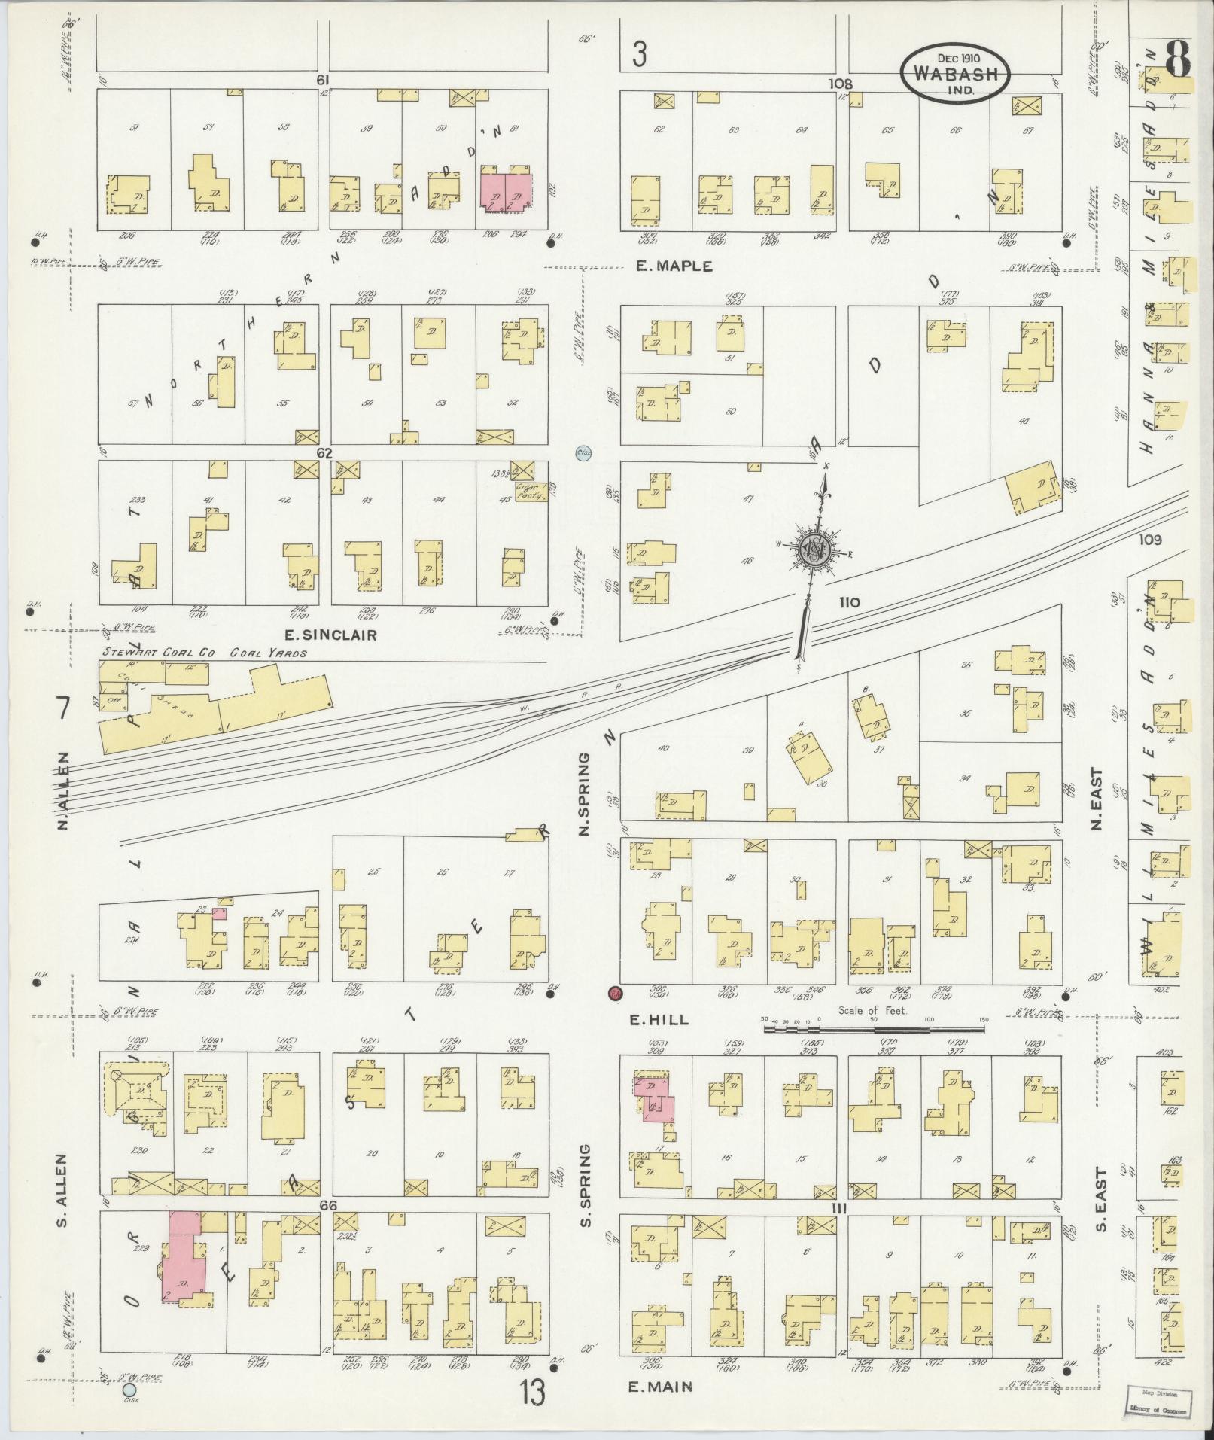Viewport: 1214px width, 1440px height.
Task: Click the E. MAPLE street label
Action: pyautogui.click(x=674, y=266)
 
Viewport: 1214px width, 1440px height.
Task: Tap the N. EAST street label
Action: pyautogui.click(x=1098, y=800)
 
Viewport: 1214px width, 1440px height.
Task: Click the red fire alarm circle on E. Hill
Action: pyautogui.click(x=614, y=993)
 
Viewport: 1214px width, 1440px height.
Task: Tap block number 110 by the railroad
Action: pyautogui.click(x=850, y=602)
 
